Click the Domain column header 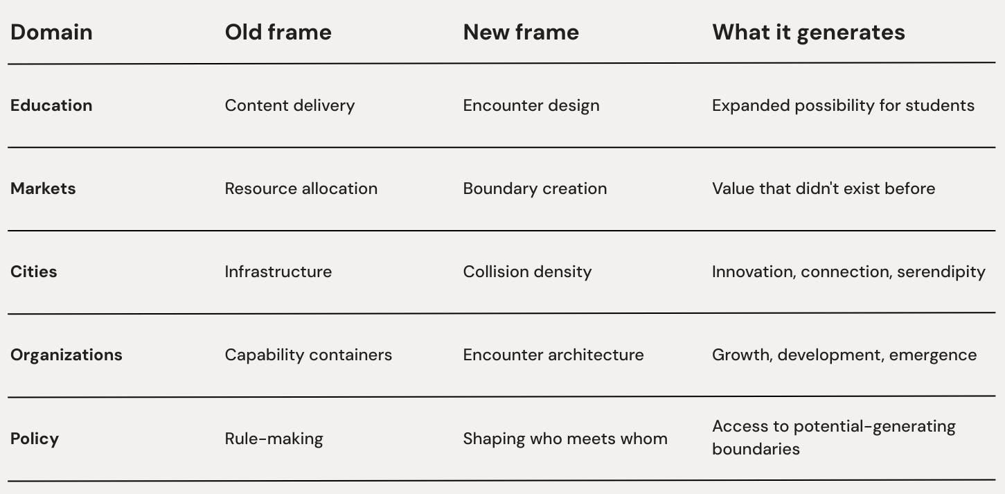coord(51,33)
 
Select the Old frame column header coord(278,33)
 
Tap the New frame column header coord(521,33)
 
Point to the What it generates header coord(808,33)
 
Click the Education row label coord(51,105)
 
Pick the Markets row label coord(43,188)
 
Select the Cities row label coord(33,272)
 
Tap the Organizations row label coord(66,355)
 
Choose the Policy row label coord(34,439)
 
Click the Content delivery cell coord(290,105)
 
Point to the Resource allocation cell coord(301,188)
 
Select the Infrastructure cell coord(278,272)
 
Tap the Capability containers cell coord(308,355)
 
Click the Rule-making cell coord(274,439)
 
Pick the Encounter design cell coord(531,105)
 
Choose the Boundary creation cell coord(535,188)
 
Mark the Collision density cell coord(527,272)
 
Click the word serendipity coord(941,272)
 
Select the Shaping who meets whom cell coord(565,439)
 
